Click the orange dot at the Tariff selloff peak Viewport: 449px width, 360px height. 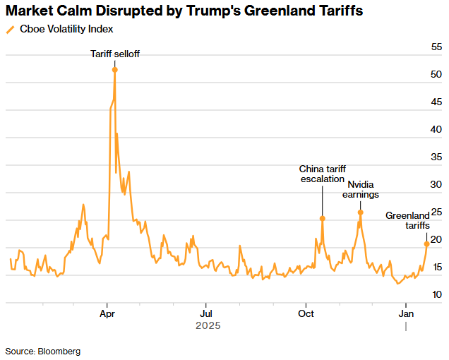115,69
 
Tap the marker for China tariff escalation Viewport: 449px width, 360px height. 322,218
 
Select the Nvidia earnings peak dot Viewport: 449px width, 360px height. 361,212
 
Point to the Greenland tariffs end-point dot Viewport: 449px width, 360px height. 426,244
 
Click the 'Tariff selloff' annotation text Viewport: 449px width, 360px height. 115,54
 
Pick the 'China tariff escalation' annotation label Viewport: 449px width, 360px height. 322,174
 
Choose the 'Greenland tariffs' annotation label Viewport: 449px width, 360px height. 407,220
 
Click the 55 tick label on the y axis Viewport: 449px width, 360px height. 436,47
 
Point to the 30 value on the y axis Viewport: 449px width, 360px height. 436,184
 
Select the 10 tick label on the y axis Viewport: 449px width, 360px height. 436,294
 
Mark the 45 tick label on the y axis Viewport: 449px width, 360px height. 436,102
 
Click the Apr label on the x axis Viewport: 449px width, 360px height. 108,312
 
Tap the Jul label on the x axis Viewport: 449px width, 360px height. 205,312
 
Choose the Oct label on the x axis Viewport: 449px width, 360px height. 306,312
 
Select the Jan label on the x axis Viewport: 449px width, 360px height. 406,312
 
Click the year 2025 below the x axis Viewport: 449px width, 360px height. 208,325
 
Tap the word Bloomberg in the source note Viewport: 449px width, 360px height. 59,351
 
